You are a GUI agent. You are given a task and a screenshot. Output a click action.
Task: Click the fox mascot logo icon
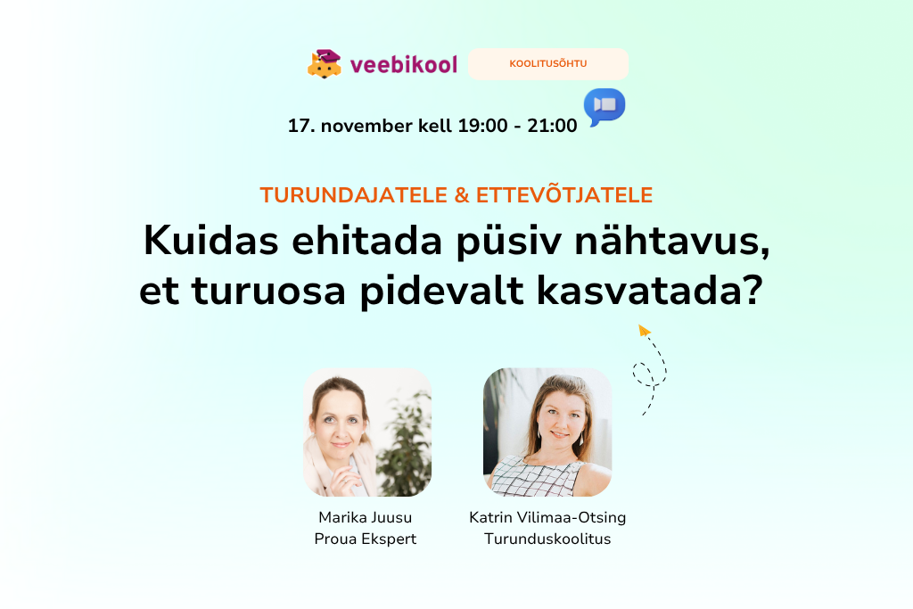pos(325,63)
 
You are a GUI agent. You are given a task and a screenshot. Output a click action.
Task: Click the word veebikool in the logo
pos(404,64)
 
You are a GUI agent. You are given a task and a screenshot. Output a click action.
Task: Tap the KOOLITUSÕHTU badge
pos(548,64)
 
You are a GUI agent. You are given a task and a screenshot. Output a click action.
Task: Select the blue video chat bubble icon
pos(605,106)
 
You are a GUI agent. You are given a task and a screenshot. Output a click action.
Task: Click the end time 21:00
pos(553,126)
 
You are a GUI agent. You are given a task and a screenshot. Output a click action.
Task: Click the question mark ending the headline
pos(750,292)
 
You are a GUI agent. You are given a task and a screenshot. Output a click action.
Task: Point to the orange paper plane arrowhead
pos(645,331)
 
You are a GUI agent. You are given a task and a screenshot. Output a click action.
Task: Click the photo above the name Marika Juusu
pos(367,432)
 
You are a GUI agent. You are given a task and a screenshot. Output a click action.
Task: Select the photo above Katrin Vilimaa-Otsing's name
pos(547,432)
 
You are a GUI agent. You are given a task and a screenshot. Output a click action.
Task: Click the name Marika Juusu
pos(366,517)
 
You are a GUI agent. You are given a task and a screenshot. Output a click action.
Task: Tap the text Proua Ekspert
pos(366,539)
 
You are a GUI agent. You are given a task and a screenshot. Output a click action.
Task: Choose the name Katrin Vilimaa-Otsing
pos(547,517)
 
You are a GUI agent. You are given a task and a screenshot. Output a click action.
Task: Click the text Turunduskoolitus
pos(547,539)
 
